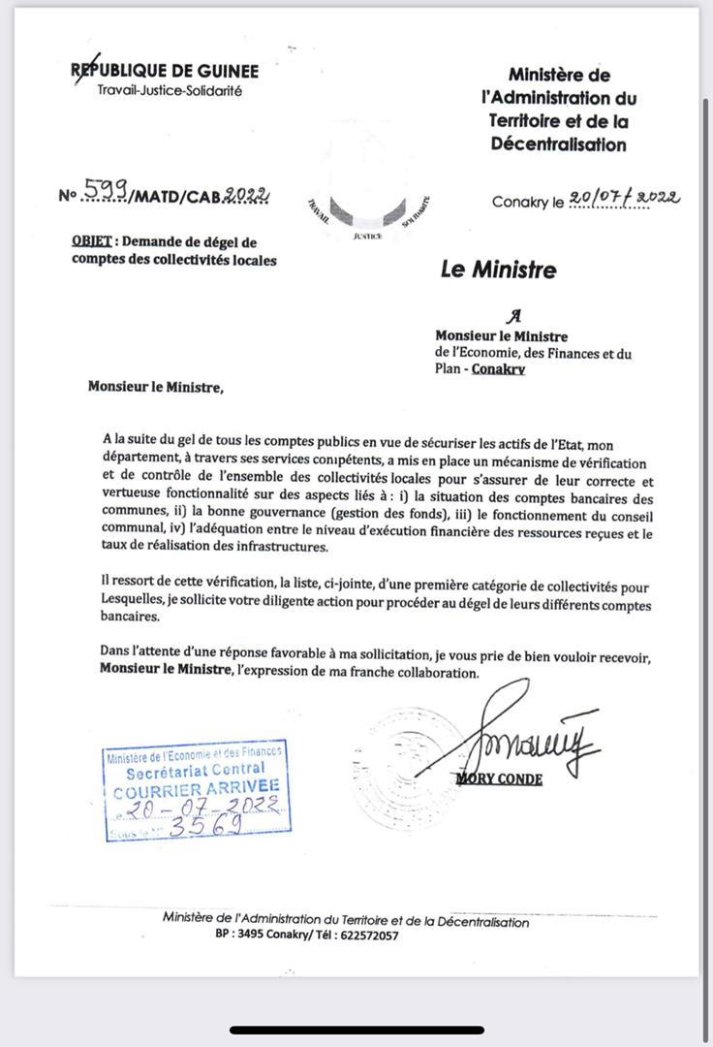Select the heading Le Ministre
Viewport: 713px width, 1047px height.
click(x=498, y=270)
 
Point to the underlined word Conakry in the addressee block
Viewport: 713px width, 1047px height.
click(x=498, y=369)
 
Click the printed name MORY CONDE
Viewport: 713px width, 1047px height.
click(x=499, y=778)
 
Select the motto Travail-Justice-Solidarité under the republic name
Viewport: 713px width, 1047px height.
click(x=170, y=91)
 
